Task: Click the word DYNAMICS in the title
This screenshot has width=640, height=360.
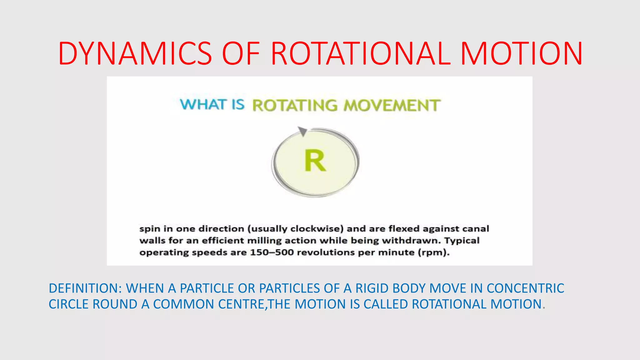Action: [x=135, y=54]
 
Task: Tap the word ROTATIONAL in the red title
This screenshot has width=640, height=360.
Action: [x=361, y=54]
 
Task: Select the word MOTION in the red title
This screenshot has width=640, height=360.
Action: [x=521, y=54]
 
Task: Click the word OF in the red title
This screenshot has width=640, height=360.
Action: [x=241, y=54]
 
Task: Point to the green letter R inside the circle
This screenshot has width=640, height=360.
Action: [x=315, y=161]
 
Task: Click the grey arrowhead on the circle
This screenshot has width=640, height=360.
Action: [x=302, y=131]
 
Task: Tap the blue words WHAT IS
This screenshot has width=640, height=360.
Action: [x=212, y=104]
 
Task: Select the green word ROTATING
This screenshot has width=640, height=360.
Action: [x=295, y=105]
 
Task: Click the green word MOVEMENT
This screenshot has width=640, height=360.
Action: [x=392, y=105]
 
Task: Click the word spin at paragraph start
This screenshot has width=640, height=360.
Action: [x=150, y=229]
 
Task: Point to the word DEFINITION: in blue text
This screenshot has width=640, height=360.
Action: [x=85, y=288]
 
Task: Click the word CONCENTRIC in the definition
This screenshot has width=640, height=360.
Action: [x=525, y=288]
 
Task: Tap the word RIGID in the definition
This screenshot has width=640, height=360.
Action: [x=372, y=288]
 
